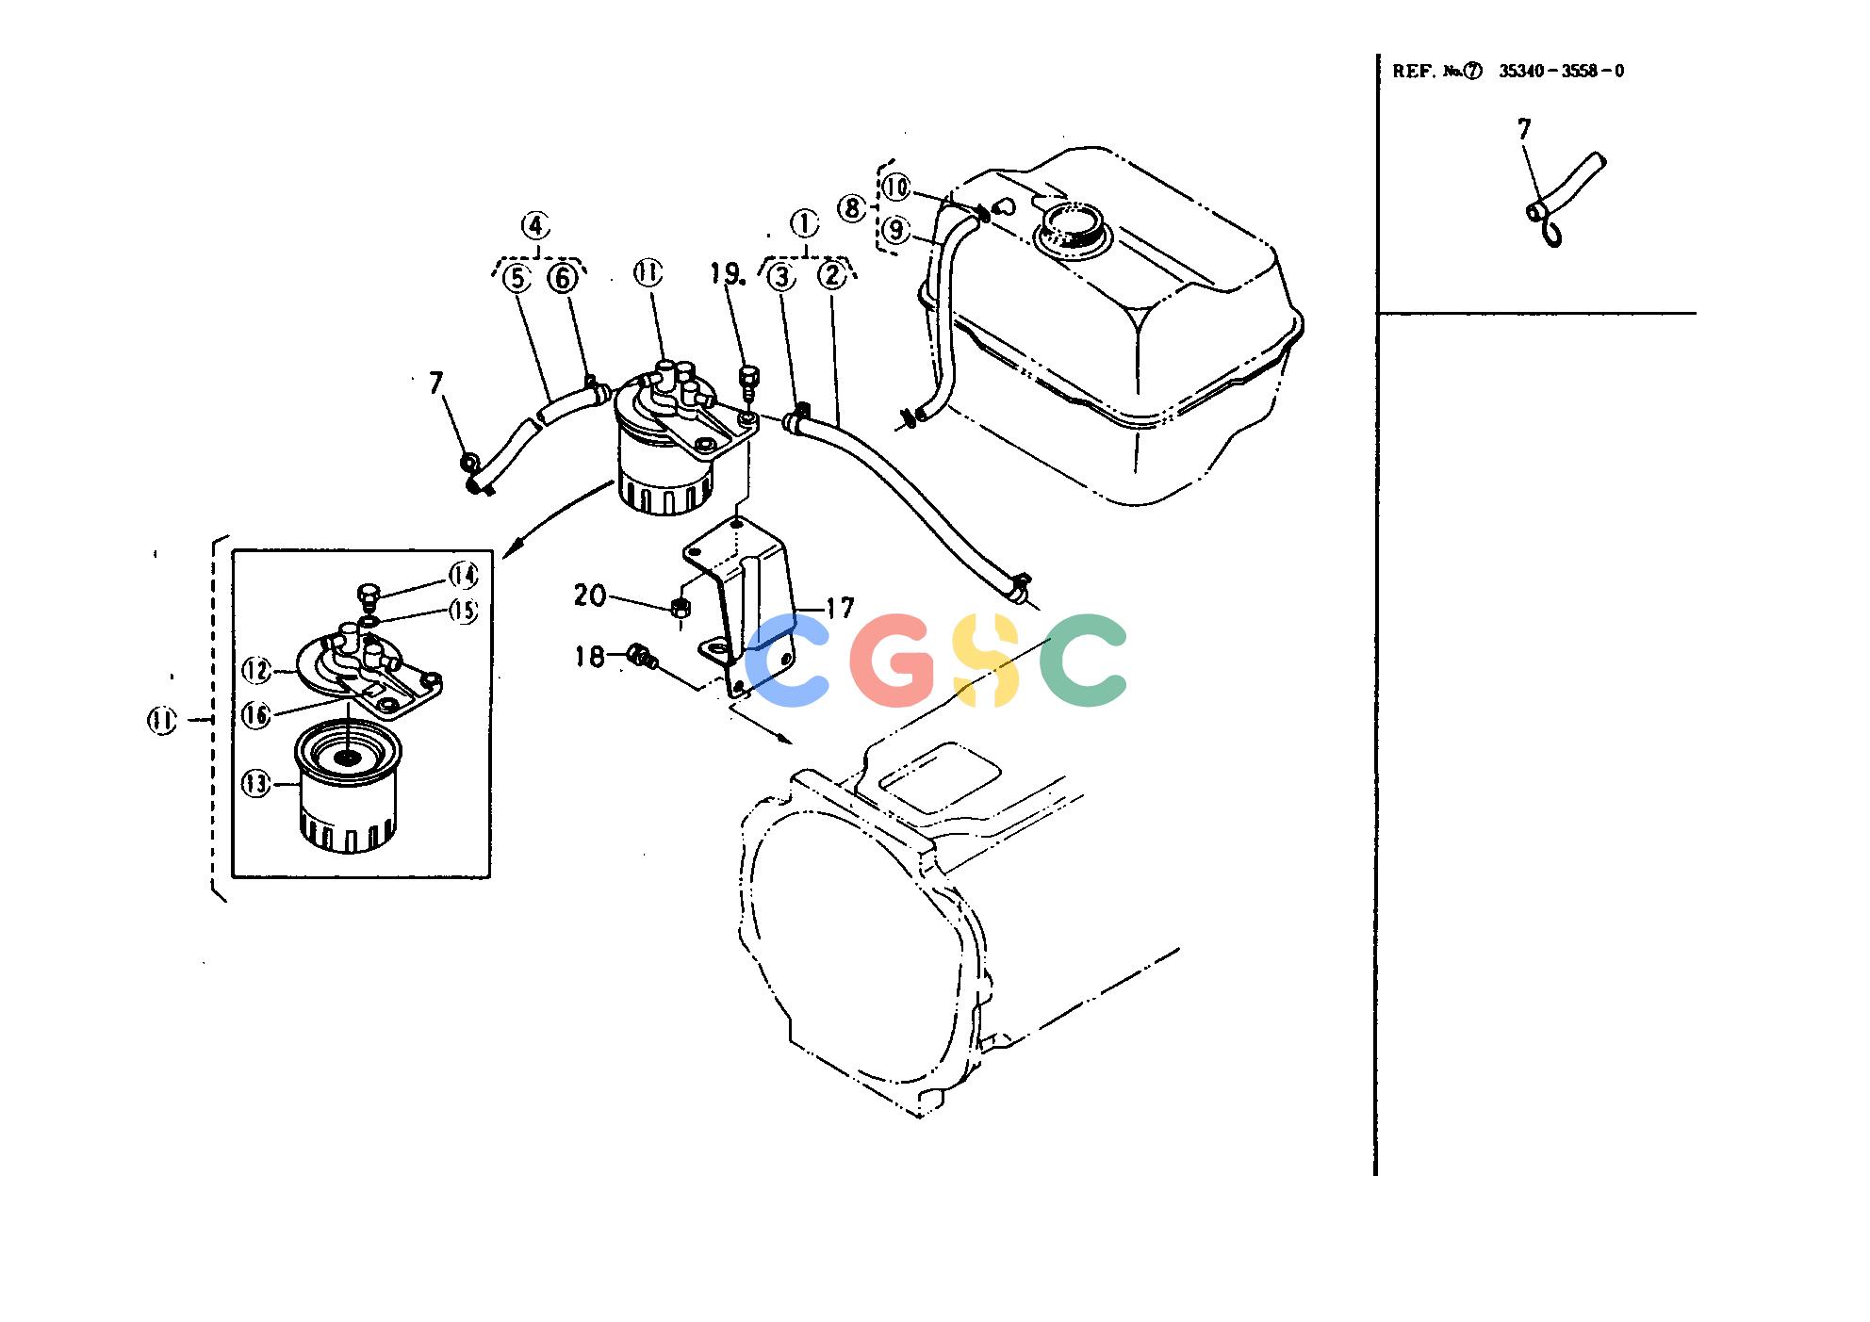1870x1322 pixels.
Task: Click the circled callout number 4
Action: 535,226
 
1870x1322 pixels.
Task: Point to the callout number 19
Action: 727,273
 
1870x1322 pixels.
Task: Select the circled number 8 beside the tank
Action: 852,208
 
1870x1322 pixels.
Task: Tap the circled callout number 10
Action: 896,188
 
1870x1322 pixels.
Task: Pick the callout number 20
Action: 590,596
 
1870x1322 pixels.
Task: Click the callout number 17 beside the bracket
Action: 840,608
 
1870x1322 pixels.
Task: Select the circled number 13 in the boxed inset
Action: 256,784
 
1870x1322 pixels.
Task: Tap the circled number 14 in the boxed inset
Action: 463,575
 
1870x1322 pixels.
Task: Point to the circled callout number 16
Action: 256,715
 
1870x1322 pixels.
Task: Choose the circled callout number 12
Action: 256,670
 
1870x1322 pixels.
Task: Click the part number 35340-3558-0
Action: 1562,71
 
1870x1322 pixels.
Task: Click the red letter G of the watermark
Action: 893,661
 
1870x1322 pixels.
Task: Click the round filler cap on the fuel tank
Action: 1073,229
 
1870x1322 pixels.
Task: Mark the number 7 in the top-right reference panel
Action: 1524,128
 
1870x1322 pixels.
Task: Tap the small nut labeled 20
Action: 681,608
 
